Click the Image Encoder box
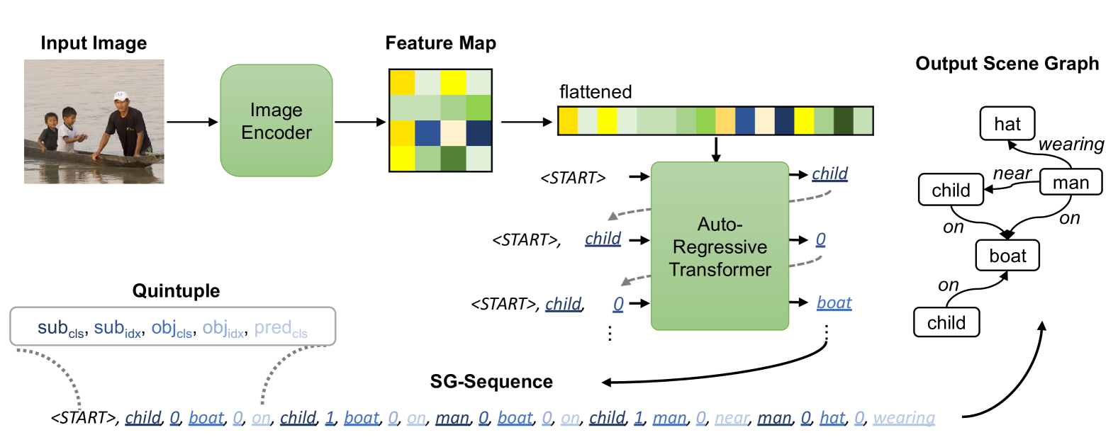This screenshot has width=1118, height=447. coord(276,120)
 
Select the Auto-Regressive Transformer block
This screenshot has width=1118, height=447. coord(720,246)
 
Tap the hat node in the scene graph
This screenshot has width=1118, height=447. coord(1007,124)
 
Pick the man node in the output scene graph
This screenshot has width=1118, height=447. coord(1071,182)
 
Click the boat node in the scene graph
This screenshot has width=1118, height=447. coord(1007,256)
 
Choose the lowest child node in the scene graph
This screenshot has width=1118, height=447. coord(946,322)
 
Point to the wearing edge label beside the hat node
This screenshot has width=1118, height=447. coord(1071,145)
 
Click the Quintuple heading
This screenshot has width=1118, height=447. coord(177,291)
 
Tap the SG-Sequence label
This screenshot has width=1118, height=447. coord(491,382)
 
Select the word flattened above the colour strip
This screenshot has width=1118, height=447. coord(596,92)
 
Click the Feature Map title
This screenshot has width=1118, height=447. coord(441,43)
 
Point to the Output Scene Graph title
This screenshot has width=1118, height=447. coord(1007,63)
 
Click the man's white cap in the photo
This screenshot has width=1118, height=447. coord(121,96)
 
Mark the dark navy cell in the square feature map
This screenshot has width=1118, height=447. coord(479,133)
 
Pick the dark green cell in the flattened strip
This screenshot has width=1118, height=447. coord(844,120)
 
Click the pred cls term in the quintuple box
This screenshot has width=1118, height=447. coord(281,329)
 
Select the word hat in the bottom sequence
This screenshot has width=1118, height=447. coord(832,417)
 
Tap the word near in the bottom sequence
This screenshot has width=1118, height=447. coord(732,418)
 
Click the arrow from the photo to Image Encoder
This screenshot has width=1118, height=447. coord(193,122)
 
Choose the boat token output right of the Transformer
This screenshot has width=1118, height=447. coord(834,302)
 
